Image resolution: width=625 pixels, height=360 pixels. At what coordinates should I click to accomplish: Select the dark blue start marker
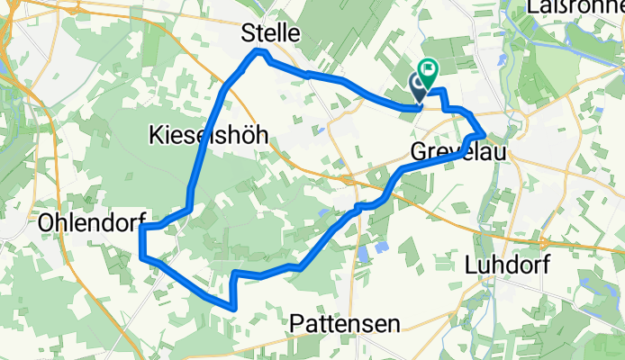pos(419,85)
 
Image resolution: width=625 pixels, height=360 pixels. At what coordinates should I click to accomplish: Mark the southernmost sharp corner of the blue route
pos(235,307)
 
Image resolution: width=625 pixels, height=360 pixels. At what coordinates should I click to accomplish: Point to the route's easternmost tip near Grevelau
pos(486,135)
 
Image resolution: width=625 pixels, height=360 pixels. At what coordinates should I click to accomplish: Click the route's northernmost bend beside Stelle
pos(260,52)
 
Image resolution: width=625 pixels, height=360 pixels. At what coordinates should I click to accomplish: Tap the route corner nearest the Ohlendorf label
pos(142,229)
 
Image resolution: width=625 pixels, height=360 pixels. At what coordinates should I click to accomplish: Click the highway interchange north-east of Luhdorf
pos(545,241)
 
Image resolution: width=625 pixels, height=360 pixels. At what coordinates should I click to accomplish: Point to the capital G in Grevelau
pos(419,152)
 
